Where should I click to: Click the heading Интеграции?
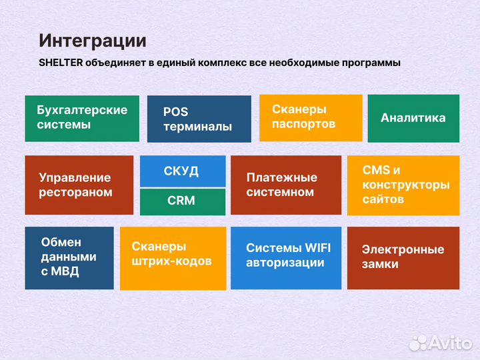click(92, 41)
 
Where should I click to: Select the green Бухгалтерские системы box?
click(82, 118)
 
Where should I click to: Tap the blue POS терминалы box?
click(199, 119)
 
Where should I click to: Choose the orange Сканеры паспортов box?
click(311, 117)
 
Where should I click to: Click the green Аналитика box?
click(413, 118)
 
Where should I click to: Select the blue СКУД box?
click(181, 171)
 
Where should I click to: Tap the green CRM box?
click(181, 201)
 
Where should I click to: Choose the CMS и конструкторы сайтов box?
click(403, 185)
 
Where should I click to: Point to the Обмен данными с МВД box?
click(69, 257)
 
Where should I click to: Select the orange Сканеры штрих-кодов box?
click(173, 258)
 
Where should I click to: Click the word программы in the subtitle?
click(369, 63)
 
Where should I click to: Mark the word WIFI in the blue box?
click(315, 248)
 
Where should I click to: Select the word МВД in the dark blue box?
click(69, 271)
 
